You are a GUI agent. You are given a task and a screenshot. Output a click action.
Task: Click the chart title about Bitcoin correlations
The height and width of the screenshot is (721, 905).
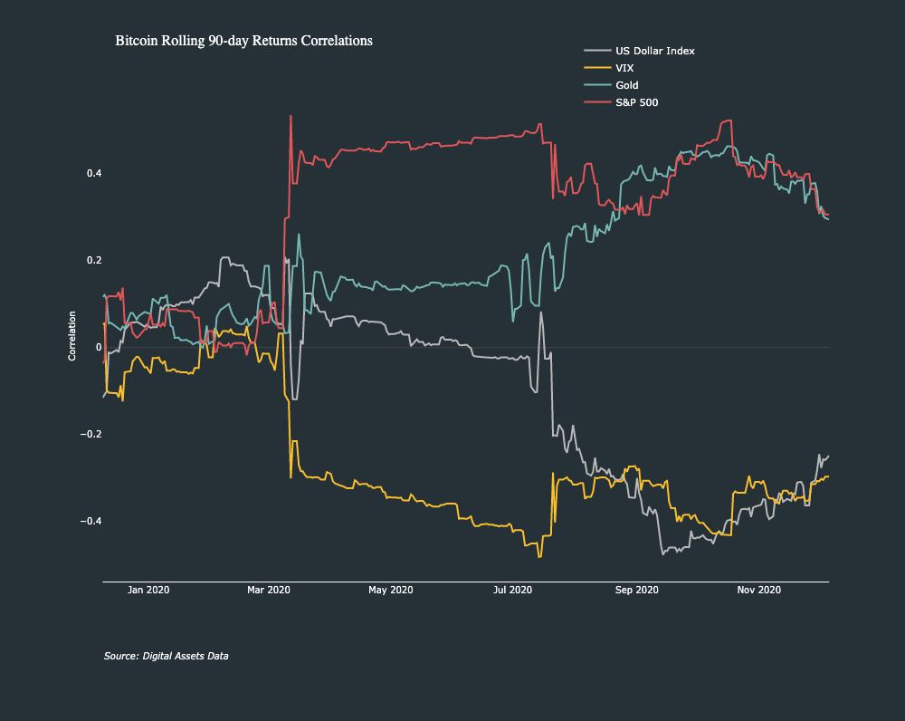[x=243, y=41]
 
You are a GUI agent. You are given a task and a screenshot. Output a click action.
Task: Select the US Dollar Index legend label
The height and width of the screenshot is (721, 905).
[x=654, y=51]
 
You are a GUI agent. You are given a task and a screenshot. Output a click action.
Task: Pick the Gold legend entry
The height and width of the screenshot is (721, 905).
[x=627, y=85]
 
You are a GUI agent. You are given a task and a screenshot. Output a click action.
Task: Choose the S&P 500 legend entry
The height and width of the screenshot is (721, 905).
[x=636, y=102]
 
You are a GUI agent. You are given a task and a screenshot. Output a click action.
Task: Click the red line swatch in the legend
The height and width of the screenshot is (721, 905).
[x=597, y=102]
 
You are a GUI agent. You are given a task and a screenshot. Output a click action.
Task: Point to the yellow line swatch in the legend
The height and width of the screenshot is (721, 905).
[x=597, y=68]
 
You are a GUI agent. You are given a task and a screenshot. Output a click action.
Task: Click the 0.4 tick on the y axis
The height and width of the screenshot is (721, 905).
[x=93, y=174]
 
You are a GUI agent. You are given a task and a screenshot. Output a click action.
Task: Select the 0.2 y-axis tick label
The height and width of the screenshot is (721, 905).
[x=93, y=261]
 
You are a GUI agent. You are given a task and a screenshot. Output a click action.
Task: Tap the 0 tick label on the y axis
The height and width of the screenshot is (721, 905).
[x=98, y=348]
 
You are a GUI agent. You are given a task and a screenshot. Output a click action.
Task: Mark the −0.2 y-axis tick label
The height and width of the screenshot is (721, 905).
[x=90, y=435]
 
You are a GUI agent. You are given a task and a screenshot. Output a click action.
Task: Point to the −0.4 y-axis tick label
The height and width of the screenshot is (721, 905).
[x=90, y=522]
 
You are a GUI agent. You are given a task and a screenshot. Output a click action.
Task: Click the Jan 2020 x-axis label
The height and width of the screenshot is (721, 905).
[x=148, y=590]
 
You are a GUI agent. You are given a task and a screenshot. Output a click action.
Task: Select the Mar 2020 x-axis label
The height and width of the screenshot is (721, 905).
[x=268, y=590]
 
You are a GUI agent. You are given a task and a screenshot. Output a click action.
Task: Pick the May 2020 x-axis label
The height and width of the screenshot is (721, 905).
[x=390, y=590]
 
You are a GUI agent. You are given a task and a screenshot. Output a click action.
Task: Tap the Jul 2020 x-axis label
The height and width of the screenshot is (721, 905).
[x=512, y=590]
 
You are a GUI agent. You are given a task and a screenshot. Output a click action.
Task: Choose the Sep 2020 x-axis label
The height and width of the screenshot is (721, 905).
[x=636, y=590]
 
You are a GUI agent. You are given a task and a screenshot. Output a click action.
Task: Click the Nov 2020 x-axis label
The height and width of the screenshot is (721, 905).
[x=758, y=590]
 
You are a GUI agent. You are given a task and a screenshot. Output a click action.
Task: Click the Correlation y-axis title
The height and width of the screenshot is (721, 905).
[x=72, y=336]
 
